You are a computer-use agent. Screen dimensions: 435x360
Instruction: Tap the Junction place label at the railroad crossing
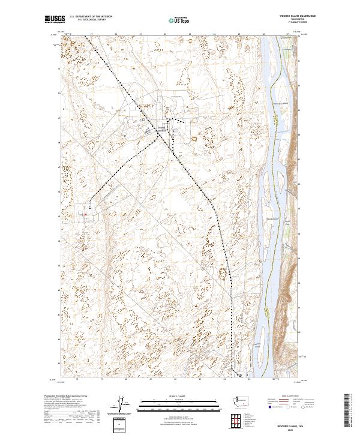[x=161, y=128]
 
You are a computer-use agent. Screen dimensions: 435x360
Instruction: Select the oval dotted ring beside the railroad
[x=226, y=275]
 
